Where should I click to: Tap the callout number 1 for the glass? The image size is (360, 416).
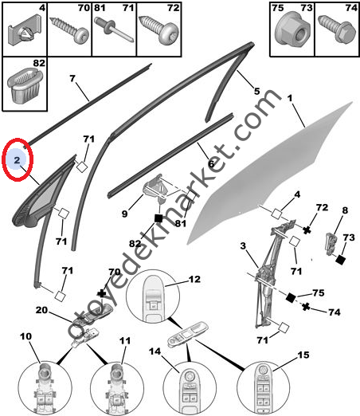(291, 98)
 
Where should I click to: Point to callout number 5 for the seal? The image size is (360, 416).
(256, 90)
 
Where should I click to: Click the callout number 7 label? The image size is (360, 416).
(72, 79)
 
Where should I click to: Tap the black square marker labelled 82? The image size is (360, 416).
(158, 217)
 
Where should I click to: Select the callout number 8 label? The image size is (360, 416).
(345, 210)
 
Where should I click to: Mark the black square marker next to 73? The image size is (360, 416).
(340, 259)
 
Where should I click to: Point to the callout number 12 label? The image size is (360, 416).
(194, 281)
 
